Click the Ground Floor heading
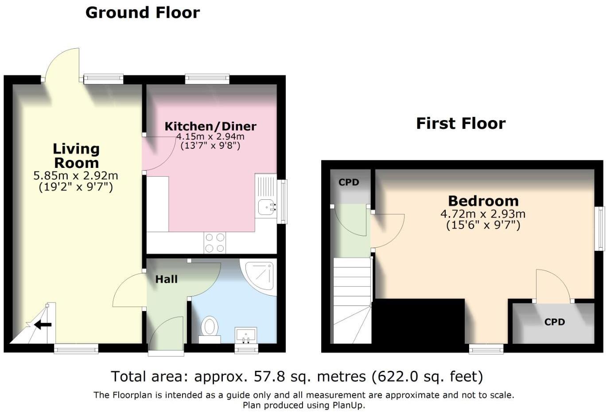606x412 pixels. (x=142, y=12)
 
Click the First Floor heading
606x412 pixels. (x=461, y=123)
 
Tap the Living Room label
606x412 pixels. (x=76, y=155)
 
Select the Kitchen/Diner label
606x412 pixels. (x=210, y=126)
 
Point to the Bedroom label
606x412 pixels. (x=483, y=201)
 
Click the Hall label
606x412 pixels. (x=166, y=279)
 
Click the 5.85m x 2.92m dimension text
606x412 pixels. (x=76, y=176)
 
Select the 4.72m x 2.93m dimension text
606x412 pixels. (x=483, y=214)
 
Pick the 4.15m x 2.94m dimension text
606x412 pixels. (x=210, y=136)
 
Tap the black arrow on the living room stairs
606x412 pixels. (x=43, y=325)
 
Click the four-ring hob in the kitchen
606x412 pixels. (x=215, y=243)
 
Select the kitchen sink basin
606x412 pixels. (x=267, y=206)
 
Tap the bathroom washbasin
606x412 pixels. (x=246, y=335)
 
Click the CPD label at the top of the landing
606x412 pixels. (x=349, y=182)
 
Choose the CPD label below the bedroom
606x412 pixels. (x=554, y=322)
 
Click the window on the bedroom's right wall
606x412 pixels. (x=600, y=228)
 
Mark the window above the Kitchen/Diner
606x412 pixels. (x=207, y=79)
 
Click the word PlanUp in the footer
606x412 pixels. (x=348, y=405)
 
